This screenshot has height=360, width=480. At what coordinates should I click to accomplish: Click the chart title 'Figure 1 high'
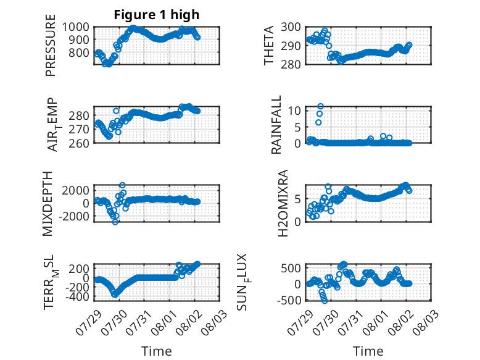157,15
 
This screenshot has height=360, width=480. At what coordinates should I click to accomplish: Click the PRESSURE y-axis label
51,45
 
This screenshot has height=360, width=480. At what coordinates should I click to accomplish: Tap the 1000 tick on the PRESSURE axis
76,27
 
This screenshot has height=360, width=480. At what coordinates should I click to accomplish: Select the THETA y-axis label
269,45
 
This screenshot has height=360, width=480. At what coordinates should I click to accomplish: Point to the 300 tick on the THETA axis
291,27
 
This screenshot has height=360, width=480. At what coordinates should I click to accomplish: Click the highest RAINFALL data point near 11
320,106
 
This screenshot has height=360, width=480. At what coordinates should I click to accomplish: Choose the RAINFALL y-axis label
276,124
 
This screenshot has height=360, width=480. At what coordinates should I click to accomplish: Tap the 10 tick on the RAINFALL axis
294,111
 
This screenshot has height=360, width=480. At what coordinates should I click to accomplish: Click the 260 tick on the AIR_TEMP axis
79,143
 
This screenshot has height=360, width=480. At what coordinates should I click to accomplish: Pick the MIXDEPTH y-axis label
48,204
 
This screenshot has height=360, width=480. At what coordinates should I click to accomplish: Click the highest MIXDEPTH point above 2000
122,185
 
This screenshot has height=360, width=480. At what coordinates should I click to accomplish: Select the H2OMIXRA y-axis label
283,203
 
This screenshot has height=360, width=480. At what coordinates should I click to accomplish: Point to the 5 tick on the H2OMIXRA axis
298,199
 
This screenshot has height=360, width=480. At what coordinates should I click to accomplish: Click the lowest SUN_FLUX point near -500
325,301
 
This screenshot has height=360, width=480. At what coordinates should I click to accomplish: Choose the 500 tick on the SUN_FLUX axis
291,269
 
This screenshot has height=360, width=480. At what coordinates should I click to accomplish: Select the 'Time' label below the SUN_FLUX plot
368,351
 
